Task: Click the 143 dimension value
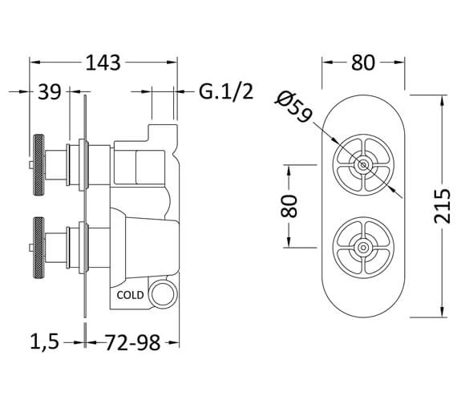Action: tap(103, 63)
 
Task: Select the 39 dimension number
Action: tap(50, 92)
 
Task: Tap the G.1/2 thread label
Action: tap(226, 92)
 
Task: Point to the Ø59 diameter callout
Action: tap(293, 107)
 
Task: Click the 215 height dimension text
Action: tap(442, 206)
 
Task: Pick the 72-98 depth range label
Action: tap(132, 342)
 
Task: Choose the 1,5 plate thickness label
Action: tap(45, 342)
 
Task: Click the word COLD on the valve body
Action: tap(130, 295)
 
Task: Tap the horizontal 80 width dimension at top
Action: tap(363, 63)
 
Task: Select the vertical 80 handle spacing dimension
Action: tap(289, 206)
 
